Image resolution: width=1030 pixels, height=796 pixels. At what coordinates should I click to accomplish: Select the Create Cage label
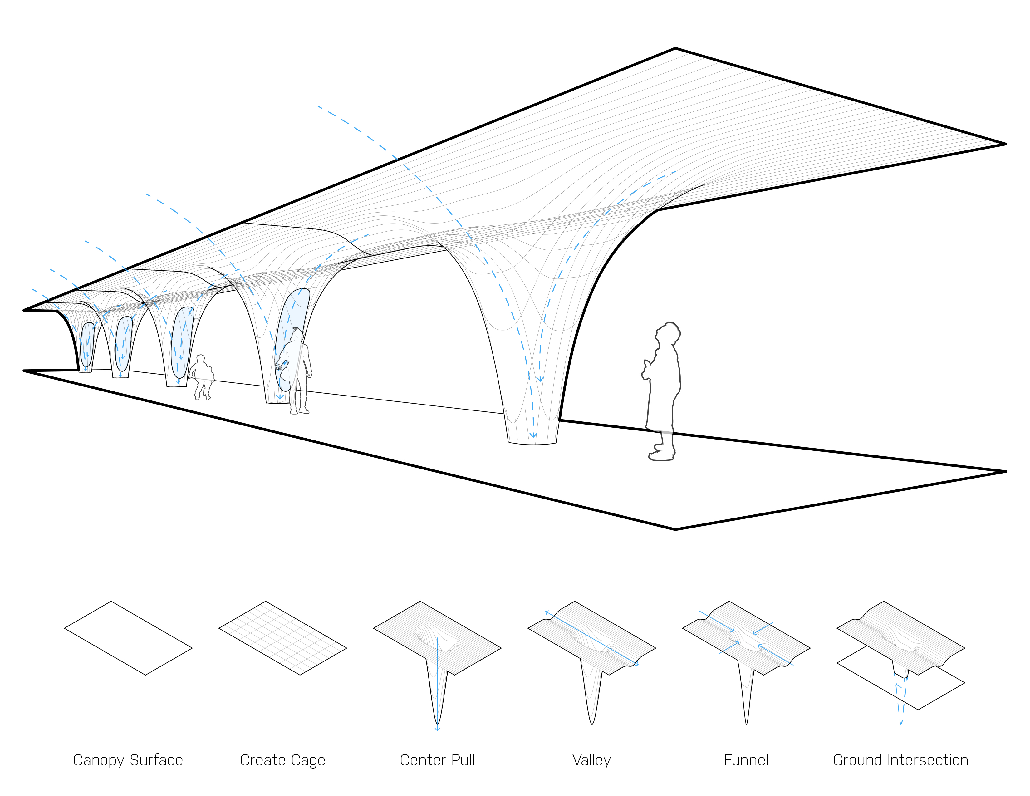pos(282,760)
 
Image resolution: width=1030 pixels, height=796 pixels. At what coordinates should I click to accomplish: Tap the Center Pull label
pos(437,760)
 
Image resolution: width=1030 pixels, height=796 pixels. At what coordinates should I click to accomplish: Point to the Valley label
pos(591,760)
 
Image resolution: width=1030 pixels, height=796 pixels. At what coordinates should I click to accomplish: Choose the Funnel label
pos(746,760)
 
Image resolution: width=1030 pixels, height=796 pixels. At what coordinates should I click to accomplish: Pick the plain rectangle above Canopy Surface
pos(128,637)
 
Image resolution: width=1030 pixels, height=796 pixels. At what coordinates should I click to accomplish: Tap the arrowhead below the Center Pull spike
pos(437,729)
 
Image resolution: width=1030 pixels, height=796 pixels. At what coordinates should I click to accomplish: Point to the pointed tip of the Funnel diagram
pos(746,722)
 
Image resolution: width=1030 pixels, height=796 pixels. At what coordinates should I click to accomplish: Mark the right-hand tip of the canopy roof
pos(1004,144)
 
